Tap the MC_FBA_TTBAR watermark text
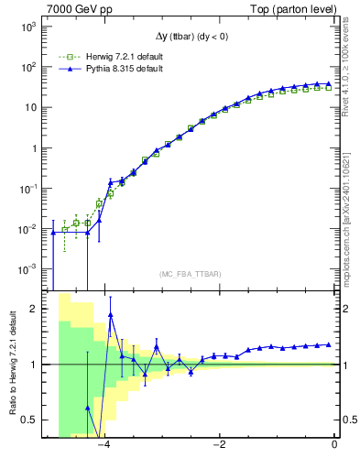(190, 274)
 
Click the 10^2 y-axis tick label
(28, 67)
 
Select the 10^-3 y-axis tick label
(27, 269)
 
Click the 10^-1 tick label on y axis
(27, 189)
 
